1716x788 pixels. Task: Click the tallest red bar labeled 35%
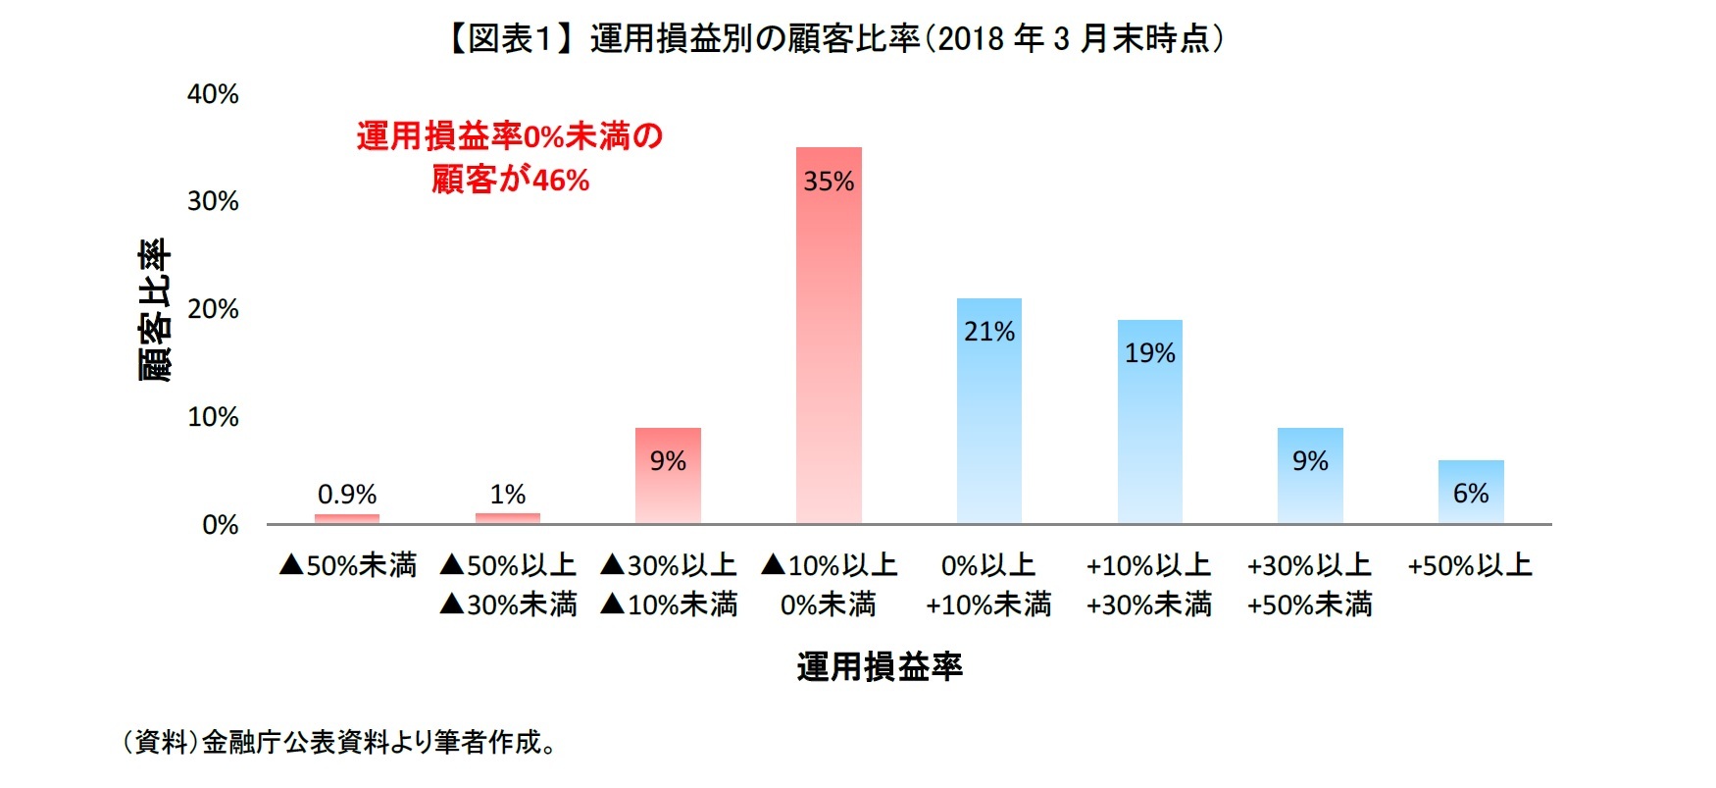829,334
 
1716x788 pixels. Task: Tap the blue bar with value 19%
1149,422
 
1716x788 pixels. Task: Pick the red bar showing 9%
668,476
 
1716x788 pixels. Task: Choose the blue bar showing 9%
1310,476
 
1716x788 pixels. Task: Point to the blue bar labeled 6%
1470,492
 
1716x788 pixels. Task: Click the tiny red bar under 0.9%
347,518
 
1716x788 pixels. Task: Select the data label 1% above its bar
508,494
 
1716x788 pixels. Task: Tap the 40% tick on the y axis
213,94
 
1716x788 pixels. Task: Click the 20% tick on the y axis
213,309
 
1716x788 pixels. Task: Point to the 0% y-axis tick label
220,525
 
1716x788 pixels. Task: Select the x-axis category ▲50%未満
347,565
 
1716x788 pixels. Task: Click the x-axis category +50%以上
1469,565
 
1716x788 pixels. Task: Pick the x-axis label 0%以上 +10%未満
988,585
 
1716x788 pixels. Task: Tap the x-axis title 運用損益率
880,667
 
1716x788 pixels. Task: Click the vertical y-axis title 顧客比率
154,309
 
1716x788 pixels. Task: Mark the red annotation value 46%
561,181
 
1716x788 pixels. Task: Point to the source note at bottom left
338,742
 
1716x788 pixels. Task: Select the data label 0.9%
347,494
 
